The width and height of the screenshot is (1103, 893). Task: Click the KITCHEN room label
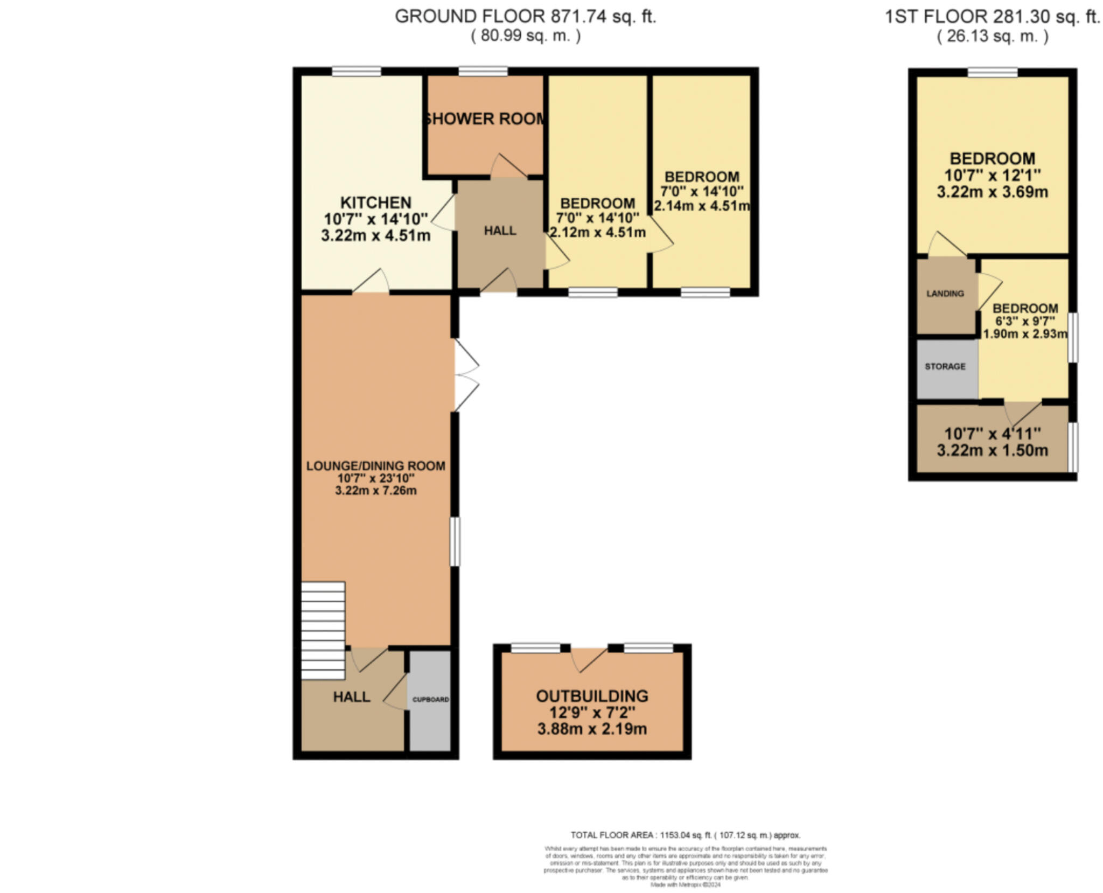click(375, 203)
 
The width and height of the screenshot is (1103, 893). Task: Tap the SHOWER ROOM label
click(484, 118)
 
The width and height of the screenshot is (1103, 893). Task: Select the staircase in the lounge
click(323, 630)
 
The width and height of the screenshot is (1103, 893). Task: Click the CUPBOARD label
click(430, 699)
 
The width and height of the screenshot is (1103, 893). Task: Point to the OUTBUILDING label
click(592, 695)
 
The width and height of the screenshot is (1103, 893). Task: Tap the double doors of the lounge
click(465, 375)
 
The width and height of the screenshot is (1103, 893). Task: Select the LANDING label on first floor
click(945, 294)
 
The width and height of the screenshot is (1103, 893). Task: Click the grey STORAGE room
click(945, 366)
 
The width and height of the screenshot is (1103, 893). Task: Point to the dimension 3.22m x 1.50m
click(992, 450)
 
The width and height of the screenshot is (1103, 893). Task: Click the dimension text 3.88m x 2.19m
click(592, 729)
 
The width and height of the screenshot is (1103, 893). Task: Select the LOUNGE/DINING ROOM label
click(375, 466)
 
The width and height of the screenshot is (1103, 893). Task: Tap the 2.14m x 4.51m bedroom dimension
click(702, 206)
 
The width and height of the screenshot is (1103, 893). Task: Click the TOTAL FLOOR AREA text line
click(685, 835)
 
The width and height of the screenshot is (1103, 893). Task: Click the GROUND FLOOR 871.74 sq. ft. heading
click(525, 17)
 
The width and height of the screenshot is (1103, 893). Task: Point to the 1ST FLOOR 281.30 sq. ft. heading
click(992, 17)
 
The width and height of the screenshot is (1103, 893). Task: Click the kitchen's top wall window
click(356, 71)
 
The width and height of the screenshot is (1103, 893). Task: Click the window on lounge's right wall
click(455, 541)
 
